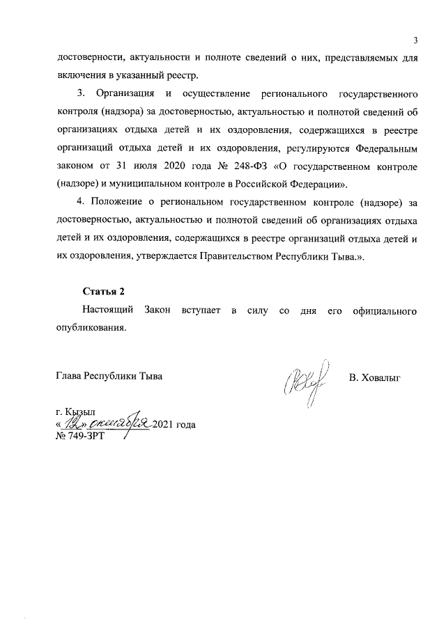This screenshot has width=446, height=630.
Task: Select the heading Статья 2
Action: click(x=103, y=290)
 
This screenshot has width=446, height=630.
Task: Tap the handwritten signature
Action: click(x=304, y=381)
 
